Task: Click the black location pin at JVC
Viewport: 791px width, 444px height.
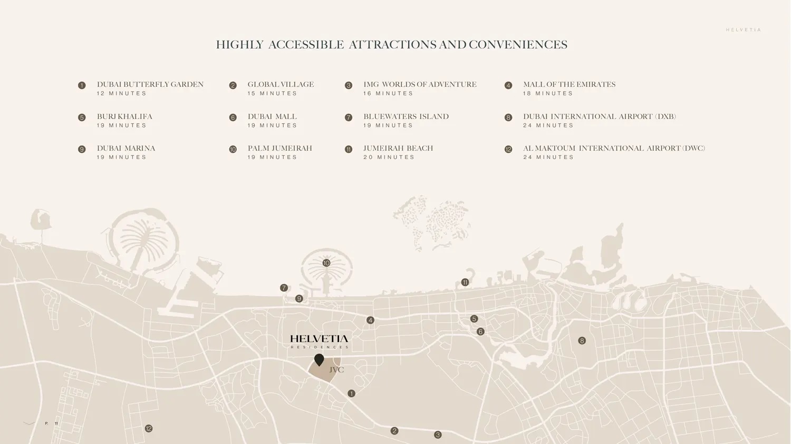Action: pos(319,360)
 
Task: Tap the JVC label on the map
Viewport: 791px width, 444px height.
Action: pos(336,370)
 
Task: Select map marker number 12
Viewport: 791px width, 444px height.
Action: pos(149,429)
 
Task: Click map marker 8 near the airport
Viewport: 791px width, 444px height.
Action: pos(582,341)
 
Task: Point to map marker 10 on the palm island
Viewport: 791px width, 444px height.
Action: pos(326,263)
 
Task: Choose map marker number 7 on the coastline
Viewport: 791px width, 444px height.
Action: pos(284,288)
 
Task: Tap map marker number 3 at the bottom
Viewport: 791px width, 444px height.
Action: pos(438,435)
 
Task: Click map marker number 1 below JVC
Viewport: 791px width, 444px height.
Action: pos(351,393)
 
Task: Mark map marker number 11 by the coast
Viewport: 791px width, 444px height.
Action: pos(465,282)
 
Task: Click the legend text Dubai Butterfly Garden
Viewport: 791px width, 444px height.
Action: pos(150,84)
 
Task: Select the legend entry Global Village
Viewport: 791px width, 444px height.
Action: pos(281,84)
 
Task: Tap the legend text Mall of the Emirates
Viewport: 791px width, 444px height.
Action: pos(569,84)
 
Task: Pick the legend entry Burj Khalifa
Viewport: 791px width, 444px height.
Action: pos(124,116)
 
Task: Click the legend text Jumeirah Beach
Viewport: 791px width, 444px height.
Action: pos(398,148)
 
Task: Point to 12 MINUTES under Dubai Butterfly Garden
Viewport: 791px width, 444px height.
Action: pos(122,94)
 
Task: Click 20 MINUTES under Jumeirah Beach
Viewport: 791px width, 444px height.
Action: pos(389,157)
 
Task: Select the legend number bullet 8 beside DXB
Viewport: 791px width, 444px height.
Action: pos(508,117)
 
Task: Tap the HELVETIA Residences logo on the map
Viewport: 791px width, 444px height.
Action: pos(319,341)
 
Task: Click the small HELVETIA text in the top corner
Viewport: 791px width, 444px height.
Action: pos(744,30)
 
